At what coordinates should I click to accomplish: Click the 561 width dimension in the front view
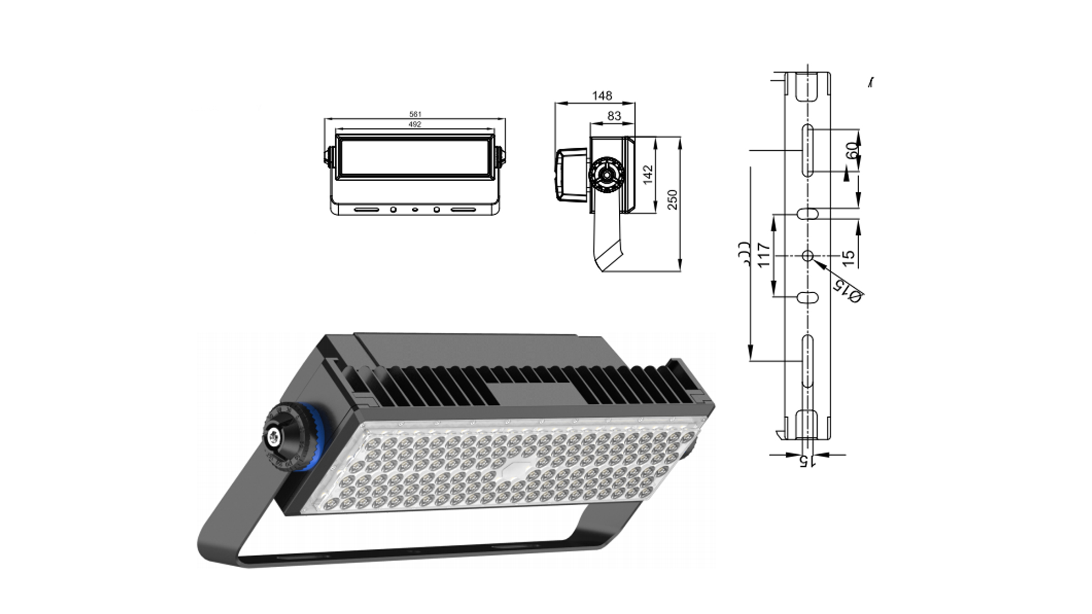(415, 114)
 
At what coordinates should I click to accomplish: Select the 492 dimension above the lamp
(414, 124)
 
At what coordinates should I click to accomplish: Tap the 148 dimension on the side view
(602, 96)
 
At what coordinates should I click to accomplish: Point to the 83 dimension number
(614, 116)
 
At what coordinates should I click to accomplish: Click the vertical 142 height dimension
(648, 175)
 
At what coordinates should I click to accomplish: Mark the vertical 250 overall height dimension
(672, 200)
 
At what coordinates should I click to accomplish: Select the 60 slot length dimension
(851, 151)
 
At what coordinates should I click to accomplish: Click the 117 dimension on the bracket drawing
(762, 255)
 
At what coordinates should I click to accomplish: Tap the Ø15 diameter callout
(847, 290)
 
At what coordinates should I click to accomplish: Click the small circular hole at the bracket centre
(807, 256)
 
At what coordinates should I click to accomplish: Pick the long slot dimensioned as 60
(808, 150)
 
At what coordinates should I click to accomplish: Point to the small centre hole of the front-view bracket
(415, 210)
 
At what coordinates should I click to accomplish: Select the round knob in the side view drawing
(606, 175)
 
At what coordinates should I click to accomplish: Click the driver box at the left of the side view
(571, 175)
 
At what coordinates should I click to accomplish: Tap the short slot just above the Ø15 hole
(807, 214)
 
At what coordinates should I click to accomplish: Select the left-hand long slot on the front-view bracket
(366, 210)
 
